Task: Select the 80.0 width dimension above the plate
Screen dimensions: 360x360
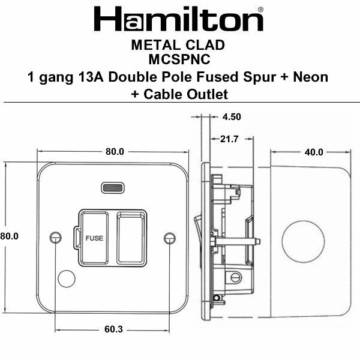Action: (114, 152)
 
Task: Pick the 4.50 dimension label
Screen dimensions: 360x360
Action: (231, 118)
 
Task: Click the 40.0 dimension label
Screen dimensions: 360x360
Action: (313, 152)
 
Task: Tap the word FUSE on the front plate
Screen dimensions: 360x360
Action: (94, 238)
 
